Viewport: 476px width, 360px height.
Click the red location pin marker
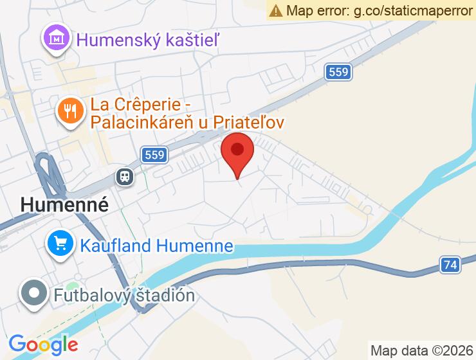[237, 152]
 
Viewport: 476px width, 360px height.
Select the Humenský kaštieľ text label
[148, 40]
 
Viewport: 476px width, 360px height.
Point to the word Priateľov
[247, 122]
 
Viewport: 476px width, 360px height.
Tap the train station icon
[125, 176]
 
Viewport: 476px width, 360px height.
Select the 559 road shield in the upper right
[338, 73]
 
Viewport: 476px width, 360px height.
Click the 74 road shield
[450, 264]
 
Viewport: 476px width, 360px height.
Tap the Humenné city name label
[64, 204]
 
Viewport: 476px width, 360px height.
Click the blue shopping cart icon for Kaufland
[61, 244]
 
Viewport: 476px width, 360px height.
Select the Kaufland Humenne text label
[156, 245]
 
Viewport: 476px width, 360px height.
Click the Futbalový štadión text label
[124, 295]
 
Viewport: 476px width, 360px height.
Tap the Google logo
[44, 345]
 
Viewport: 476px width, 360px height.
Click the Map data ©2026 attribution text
[421, 350]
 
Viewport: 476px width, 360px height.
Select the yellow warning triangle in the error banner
[277, 10]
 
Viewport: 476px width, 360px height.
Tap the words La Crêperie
[132, 104]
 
